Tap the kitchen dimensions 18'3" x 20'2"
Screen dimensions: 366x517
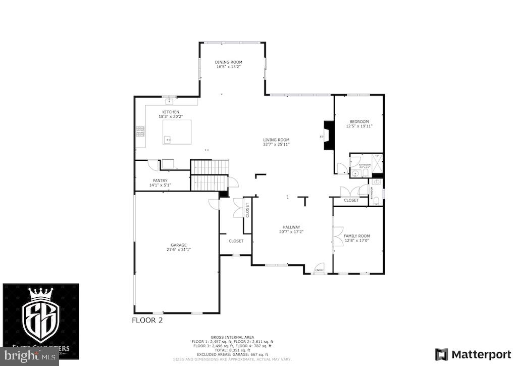[x=171, y=116]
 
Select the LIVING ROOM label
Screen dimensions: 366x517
[x=276, y=140]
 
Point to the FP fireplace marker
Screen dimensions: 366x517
[x=321, y=137]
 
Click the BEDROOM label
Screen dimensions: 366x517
[x=359, y=121]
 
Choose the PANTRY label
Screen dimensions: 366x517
[x=160, y=180]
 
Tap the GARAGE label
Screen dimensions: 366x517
[x=178, y=245]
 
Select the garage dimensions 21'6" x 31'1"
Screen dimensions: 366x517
[x=178, y=249]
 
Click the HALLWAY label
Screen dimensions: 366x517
[x=291, y=227]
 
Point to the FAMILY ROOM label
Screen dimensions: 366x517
[x=356, y=236]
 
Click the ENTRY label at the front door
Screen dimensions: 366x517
[x=319, y=271]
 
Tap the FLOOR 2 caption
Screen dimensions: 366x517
[x=147, y=320]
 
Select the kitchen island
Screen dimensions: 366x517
[x=177, y=132]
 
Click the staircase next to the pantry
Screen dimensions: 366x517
[x=210, y=174]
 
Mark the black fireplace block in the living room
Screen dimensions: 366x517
[x=329, y=135]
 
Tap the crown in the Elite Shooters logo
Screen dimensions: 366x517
[x=40, y=294]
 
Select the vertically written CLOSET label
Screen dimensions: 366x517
[x=247, y=210]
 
